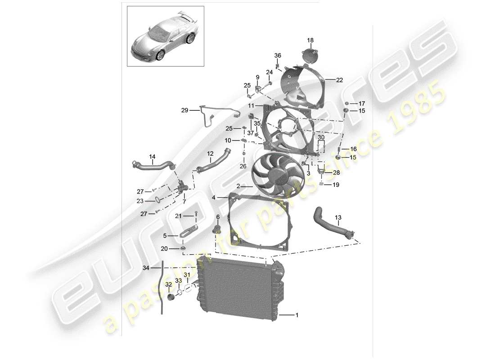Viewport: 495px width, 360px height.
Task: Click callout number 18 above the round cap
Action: pos(310,40)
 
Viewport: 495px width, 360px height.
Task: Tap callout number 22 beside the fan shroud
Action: pos(339,80)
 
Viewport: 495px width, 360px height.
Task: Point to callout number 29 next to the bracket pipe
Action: pos(184,110)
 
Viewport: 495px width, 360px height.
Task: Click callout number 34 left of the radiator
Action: pos(145,268)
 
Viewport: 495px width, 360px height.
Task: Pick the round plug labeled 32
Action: pos(171,297)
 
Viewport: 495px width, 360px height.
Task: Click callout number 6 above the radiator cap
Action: pos(218,217)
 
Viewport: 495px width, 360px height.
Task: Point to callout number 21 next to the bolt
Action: pos(179,216)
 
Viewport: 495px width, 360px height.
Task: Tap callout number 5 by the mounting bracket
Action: pos(164,235)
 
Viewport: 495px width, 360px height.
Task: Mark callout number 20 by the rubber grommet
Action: pos(164,248)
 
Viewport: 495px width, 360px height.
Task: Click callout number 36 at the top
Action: pos(278,55)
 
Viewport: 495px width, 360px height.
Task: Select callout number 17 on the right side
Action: pos(362,103)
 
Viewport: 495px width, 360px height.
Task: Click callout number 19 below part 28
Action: pos(336,184)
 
